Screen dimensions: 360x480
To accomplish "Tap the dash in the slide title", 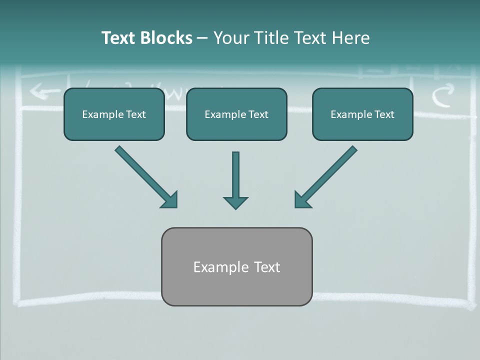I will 202,38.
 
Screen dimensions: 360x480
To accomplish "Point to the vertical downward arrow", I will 235,175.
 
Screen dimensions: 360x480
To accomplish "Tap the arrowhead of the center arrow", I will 235,202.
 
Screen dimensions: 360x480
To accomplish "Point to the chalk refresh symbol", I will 443,95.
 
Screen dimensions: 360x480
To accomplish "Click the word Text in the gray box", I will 267,267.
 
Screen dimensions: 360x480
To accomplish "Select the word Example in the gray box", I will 221,267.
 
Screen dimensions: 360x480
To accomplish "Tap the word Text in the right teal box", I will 384,114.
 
